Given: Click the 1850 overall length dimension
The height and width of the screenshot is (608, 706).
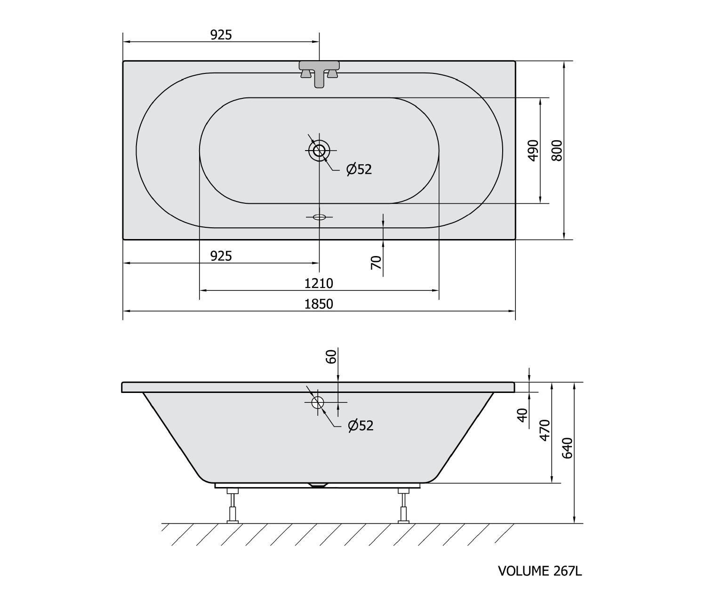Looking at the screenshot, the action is tap(318, 304).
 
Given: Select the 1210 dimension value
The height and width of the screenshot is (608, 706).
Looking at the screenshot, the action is tap(318, 283).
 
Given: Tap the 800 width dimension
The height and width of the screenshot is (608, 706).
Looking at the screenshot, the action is tap(557, 151).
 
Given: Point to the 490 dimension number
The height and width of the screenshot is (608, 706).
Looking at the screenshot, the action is tap(533, 151).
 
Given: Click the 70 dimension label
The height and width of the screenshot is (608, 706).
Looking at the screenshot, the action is tap(376, 262).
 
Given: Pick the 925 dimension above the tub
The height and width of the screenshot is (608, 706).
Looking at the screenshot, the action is tap(221, 35).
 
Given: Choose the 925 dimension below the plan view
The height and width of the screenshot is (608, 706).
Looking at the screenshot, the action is tap(221, 256).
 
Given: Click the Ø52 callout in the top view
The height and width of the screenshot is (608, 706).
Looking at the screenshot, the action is tap(359, 169).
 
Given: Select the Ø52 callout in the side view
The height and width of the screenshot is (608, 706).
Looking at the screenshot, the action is tap(361, 425).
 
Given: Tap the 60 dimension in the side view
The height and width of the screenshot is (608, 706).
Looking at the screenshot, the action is tap(331, 356).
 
